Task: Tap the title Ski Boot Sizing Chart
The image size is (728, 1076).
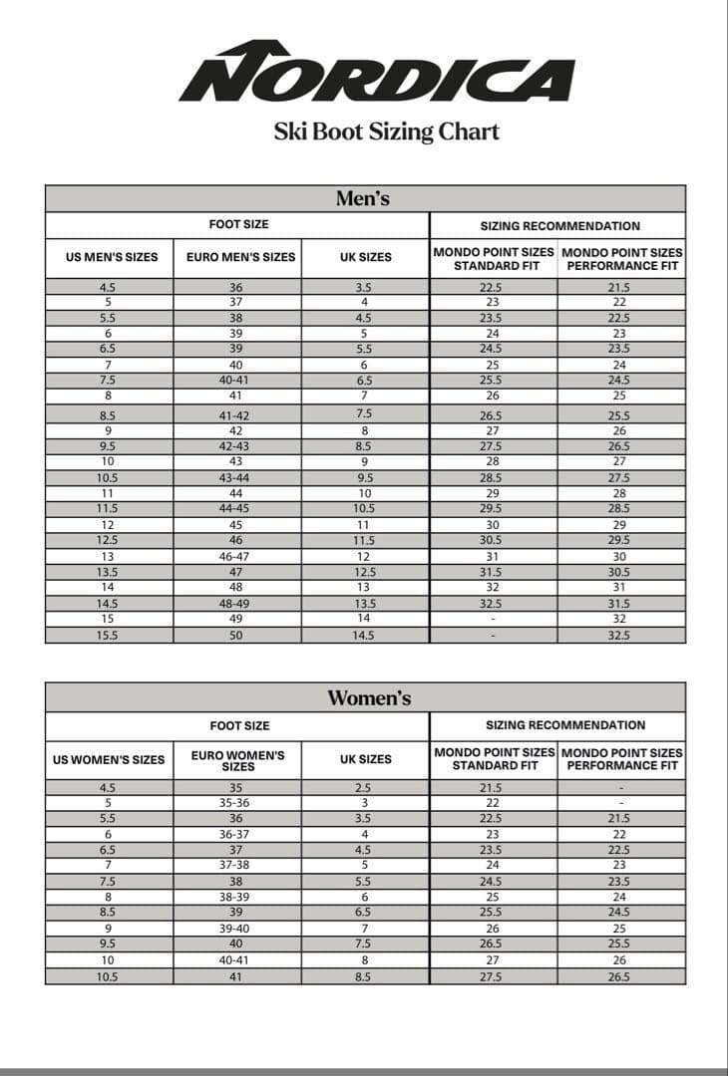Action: (x=386, y=132)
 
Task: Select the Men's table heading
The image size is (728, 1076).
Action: (x=363, y=198)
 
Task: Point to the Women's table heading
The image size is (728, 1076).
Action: (x=369, y=697)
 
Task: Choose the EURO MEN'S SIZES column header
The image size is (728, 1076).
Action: (x=240, y=257)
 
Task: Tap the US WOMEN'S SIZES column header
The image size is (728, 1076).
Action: (x=109, y=760)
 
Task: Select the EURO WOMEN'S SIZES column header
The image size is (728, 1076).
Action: (x=238, y=760)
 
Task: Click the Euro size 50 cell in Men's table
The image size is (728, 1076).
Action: (x=235, y=635)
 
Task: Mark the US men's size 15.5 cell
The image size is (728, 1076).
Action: (x=107, y=635)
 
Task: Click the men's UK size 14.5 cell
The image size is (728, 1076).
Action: (x=364, y=635)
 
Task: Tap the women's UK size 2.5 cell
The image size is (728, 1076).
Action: (x=364, y=787)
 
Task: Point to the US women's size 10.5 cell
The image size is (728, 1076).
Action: (x=107, y=977)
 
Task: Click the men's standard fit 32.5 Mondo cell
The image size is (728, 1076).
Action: (x=493, y=603)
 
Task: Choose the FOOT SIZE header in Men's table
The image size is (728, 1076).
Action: (x=238, y=225)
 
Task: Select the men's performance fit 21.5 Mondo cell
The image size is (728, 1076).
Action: (x=619, y=287)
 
